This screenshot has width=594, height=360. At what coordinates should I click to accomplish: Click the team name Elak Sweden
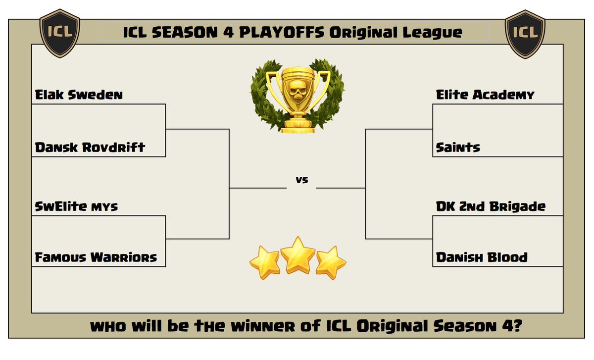(x=79, y=95)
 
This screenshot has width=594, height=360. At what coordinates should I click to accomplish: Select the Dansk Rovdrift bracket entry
(x=90, y=148)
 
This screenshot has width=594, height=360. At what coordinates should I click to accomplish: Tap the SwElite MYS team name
(x=77, y=206)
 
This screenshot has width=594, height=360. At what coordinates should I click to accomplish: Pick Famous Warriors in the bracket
(x=96, y=257)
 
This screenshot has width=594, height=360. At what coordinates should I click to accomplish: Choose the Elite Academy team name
(x=485, y=95)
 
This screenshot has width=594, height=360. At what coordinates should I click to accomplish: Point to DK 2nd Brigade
(x=491, y=206)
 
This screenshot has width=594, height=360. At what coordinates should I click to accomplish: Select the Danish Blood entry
(x=482, y=257)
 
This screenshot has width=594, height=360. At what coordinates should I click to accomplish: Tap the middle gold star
(x=297, y=255)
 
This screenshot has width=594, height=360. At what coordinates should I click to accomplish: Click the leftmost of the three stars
(x=264, y=262)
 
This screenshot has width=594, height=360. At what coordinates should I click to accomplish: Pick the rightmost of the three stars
(x=331, y=262)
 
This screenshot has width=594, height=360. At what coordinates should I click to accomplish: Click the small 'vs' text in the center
(x=301, y=180)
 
